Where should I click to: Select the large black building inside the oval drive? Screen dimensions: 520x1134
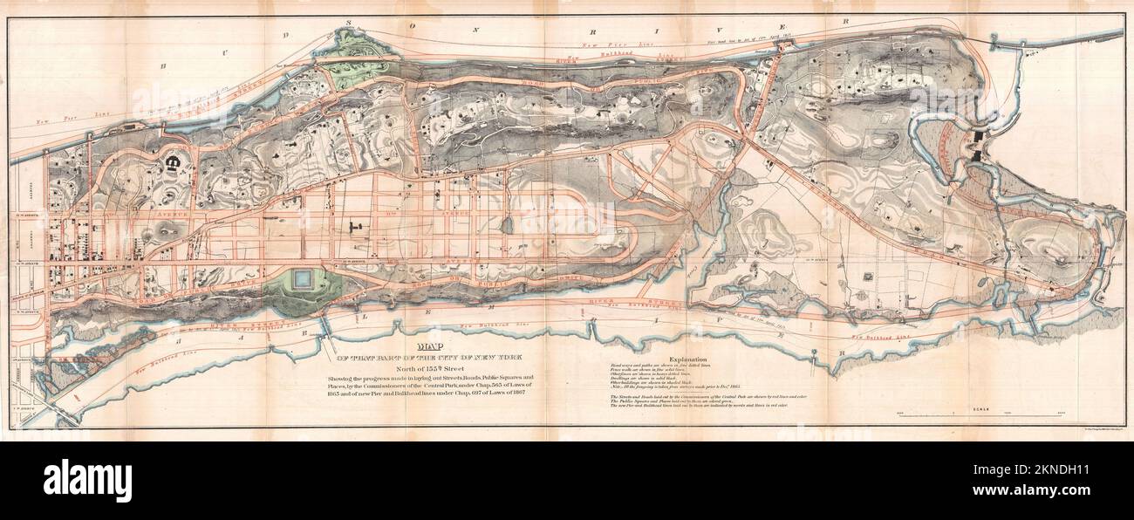pos(172,161)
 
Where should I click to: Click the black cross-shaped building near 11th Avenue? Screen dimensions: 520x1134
pos(358,228)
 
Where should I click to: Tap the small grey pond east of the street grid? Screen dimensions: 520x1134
pos(508,225)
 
